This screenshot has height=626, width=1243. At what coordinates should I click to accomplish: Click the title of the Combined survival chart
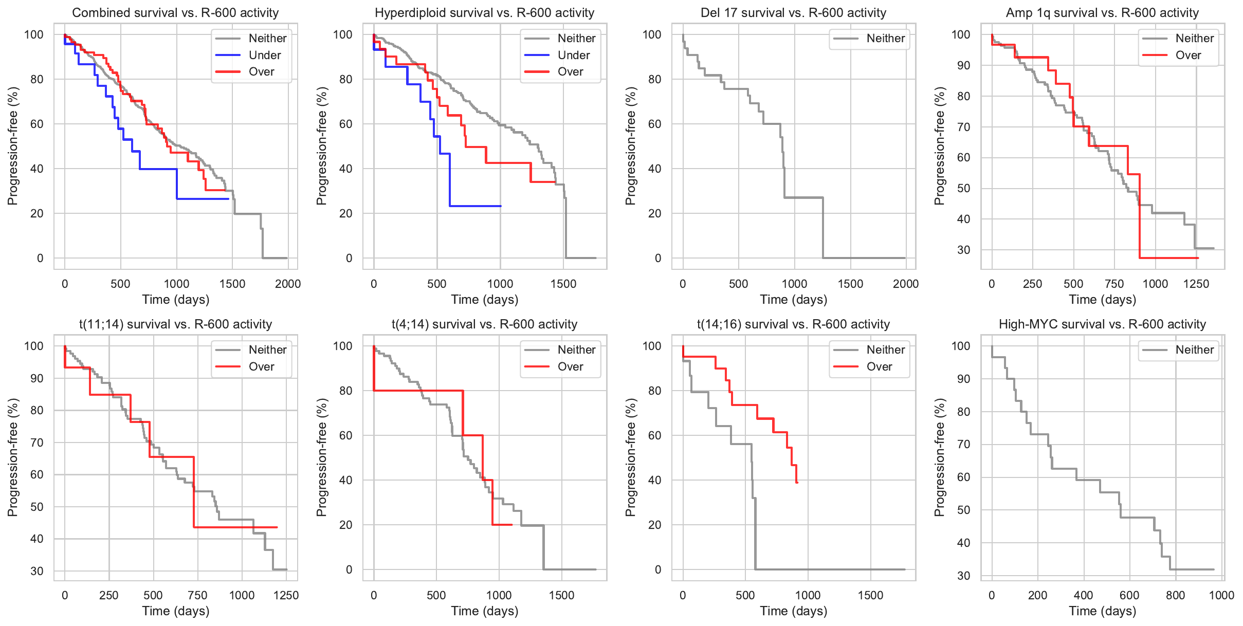(175, 13)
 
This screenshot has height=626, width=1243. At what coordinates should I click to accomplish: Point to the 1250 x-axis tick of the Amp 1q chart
(1196, 284)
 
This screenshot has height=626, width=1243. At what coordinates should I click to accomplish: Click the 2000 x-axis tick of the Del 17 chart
(906, 284)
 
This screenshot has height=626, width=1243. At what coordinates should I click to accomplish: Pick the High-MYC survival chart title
(1102, 324)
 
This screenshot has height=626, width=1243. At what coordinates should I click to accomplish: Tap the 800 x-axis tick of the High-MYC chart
(1175, 595)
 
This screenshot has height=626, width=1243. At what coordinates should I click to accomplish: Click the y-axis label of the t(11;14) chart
(13, 457)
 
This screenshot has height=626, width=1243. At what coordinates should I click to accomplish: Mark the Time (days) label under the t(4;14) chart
(484, 611)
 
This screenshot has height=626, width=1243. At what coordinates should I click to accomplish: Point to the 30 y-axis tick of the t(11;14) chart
(37, 571)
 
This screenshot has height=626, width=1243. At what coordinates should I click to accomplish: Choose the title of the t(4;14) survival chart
(484, 324)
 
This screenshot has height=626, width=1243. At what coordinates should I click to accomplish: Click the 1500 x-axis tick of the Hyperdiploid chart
(563, 284)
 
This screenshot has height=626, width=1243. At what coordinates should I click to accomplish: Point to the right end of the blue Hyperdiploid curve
(501, 206)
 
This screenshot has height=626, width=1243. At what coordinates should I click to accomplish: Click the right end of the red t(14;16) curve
(797, 483)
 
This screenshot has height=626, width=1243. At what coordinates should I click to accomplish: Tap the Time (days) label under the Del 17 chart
(793, 299)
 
